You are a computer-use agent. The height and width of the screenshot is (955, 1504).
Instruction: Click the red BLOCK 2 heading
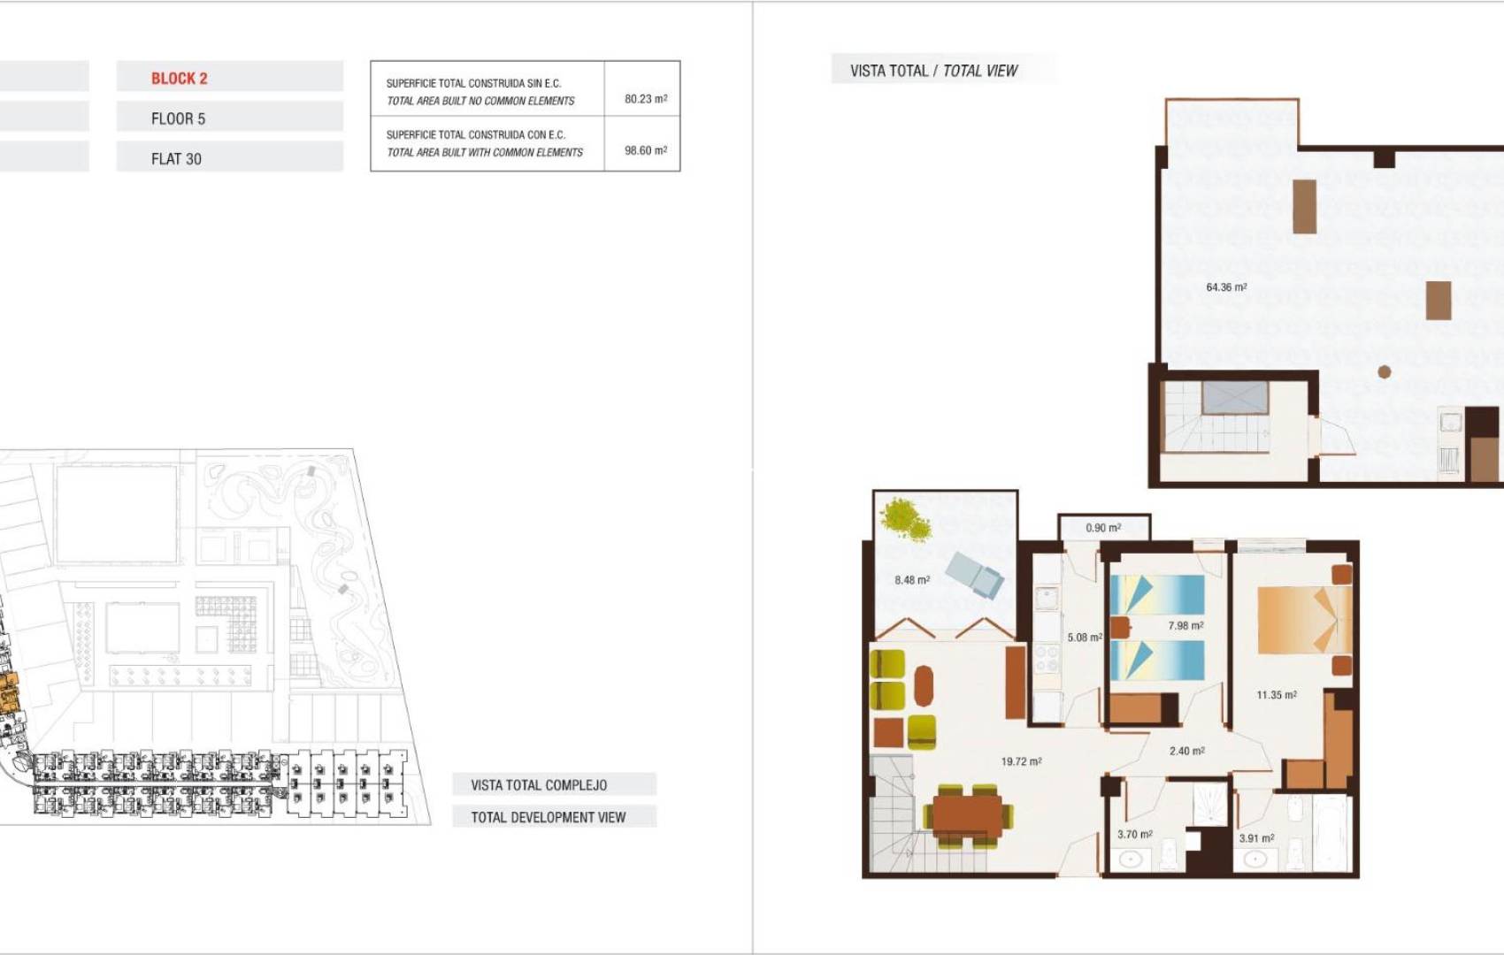coord(180,78)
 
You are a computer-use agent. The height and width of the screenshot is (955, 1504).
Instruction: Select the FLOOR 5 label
coord(178,118)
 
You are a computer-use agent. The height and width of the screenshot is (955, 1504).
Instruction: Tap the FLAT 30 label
coord(176,159)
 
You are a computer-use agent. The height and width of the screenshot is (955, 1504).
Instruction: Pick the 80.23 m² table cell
coord(645,99)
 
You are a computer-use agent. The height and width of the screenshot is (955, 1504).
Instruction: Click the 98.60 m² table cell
coord(645,150)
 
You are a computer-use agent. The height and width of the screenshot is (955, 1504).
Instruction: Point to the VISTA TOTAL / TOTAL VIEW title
coord(933,71)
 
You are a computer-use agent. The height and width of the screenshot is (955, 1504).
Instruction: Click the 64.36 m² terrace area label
coord(1226,287)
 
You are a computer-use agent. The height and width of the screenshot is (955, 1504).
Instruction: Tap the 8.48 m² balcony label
coord(911,580)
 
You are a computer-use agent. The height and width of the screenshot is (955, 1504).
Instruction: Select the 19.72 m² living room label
coord(1021,761)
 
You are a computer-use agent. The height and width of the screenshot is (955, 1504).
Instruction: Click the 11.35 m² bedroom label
coord(1277,695)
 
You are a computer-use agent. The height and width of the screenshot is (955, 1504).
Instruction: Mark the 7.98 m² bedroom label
coord(1186,626)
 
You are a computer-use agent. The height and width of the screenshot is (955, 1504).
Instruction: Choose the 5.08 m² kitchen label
coord(1084,638)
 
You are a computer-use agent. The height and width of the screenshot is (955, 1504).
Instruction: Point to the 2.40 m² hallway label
coord(1186,751)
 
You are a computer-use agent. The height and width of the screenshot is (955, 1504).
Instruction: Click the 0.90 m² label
coord(1103,528)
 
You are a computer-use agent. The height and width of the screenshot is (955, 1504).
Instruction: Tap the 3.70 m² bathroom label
coord(1134,834)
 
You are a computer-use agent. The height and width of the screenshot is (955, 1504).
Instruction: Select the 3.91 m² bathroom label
coord(1256,837)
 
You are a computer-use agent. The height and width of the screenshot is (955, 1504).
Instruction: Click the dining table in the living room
coord(967,814)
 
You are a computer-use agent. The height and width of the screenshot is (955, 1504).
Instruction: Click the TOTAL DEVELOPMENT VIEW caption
coord(548,817)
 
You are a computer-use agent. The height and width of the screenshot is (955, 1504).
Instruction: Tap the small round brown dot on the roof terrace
coord(1385,372)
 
